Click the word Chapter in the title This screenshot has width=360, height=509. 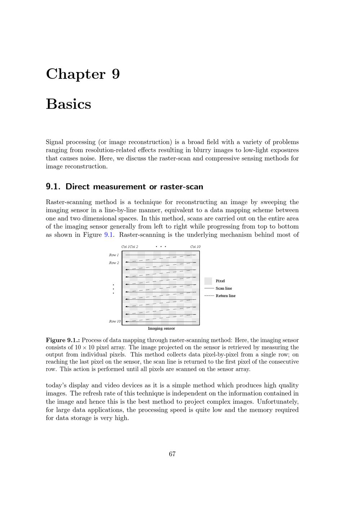point(76,74)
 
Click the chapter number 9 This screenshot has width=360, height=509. point(116,74)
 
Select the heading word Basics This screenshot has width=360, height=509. point(68,104)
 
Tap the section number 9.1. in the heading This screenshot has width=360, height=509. point(54,186)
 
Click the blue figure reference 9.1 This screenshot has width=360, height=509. point(109,235)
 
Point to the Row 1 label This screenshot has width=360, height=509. point(114,255)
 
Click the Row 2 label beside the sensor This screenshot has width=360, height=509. point(114,263)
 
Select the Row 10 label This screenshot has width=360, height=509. point(115,321)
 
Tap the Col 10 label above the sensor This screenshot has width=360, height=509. point(195,247)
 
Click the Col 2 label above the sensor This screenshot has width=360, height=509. point(134,247)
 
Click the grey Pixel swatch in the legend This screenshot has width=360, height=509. point(208,281)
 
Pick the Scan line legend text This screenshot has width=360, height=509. point(224,288)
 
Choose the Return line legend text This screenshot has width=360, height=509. point(225,296)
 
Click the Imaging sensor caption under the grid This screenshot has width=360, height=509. point(161,328)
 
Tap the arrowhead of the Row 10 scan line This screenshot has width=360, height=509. point(126,321)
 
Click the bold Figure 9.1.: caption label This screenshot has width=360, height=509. point(63,340)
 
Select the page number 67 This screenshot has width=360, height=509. point(172,454)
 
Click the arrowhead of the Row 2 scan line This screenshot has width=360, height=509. point(126,262)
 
